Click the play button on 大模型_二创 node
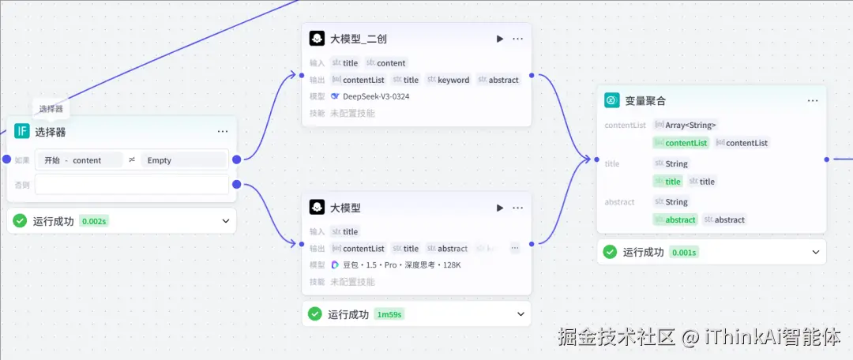(x=499, y=39)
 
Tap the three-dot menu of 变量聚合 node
(x=813, y=101)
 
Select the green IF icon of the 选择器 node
(x=22, y=131)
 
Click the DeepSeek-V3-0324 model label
(x=376, y=96)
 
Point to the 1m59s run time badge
(x=389, y=314)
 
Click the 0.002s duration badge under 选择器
(x=94, y=221)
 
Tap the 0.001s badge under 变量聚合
(x=684, y=253)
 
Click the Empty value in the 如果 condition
(x=160, y=160)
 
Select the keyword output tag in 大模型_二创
(x=453, y=80)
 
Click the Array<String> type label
(x=690, y=125)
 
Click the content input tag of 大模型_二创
(x=390, y=63)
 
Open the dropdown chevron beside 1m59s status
(x=520, y=314)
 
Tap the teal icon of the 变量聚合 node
(x=611, y=100)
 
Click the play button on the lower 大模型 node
(x=499, y=208)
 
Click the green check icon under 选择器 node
(x=20, y=221)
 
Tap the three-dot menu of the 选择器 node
(x=223, y=132)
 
